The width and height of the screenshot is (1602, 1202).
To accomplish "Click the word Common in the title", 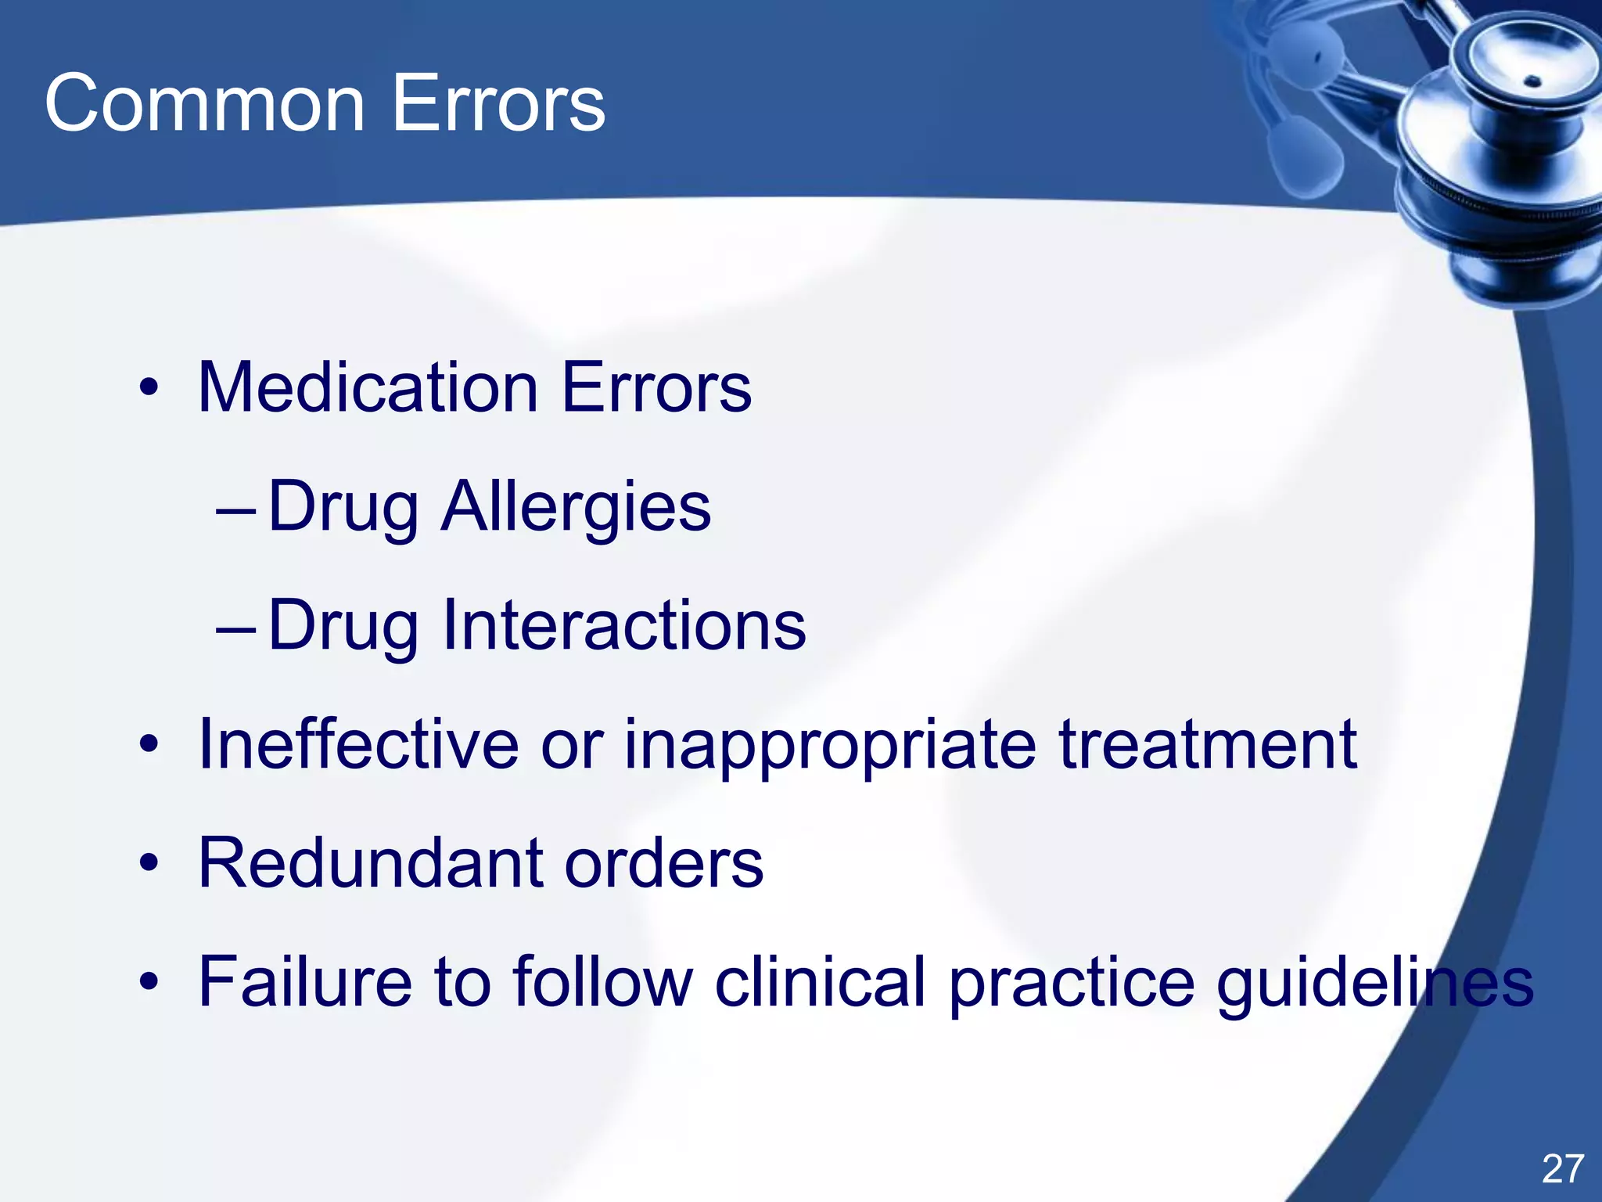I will click(x=205, y=103).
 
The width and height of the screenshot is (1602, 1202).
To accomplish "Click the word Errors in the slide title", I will click(x=498, y=103).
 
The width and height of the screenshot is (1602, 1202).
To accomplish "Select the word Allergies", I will click(x=576, y=507).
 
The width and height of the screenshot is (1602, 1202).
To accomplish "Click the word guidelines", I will click(x=1374, y=983).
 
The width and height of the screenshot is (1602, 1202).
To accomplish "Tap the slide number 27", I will click(x=1562, y=1169).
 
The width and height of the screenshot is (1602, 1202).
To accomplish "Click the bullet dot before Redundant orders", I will click(x=149, y=864).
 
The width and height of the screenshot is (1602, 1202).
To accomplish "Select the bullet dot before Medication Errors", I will click(x=149, y=388).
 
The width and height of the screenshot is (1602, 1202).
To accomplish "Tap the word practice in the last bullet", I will click(x=1072, y=983).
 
